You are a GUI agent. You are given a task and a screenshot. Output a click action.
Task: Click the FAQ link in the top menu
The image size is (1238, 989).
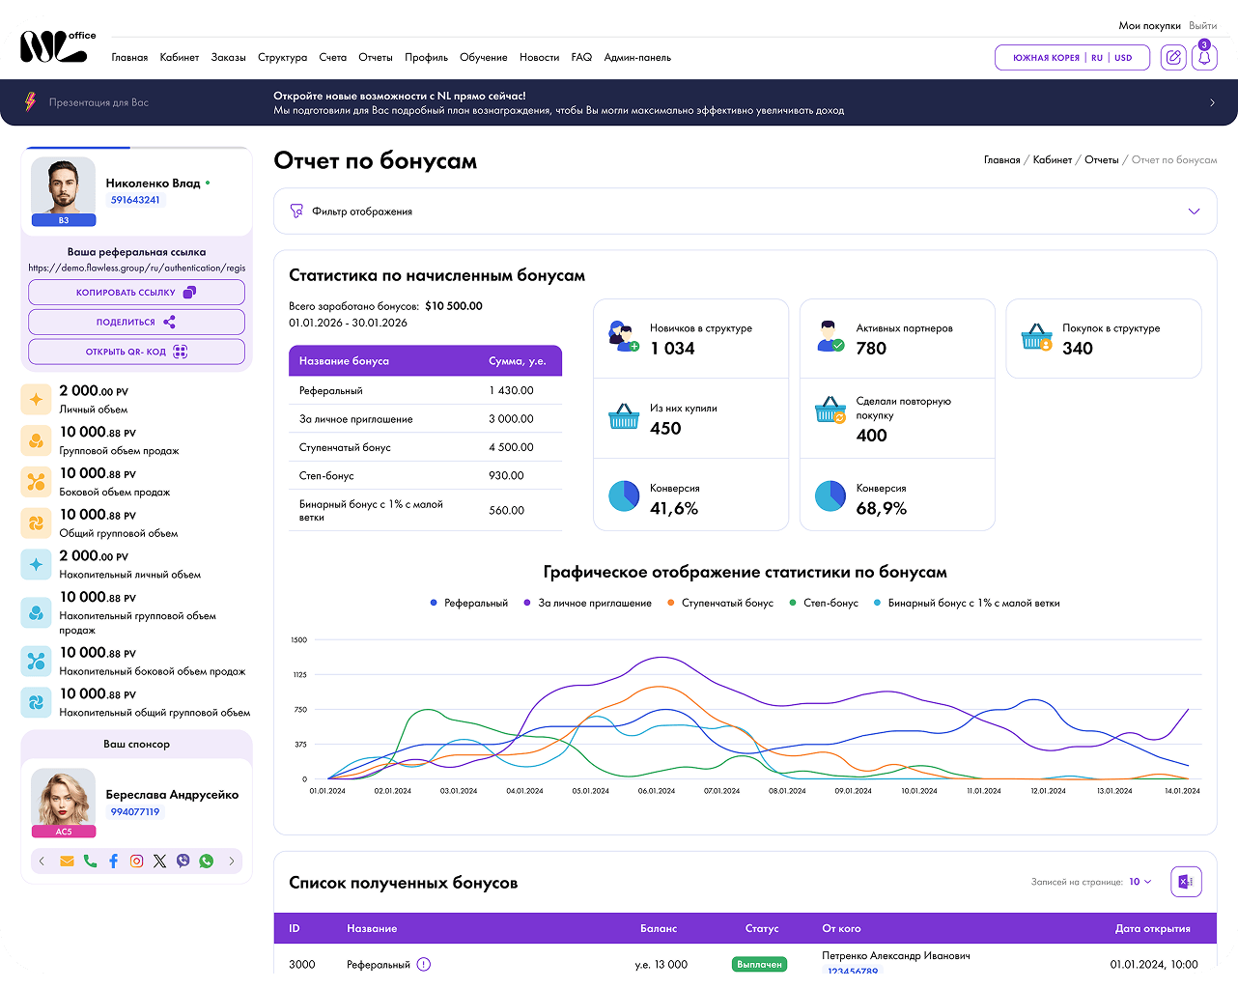[581, 58]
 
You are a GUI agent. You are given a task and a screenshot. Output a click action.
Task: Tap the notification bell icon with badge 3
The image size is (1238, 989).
[1204, 57]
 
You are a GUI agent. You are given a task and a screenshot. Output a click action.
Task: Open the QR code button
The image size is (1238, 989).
[136, 352]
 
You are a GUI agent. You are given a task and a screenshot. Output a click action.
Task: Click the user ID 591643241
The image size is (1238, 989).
[135, 200]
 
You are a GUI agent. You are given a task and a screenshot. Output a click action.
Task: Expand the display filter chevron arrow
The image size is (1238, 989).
[1194, 212]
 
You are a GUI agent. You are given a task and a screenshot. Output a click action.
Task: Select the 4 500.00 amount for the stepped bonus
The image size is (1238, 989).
[511, 447]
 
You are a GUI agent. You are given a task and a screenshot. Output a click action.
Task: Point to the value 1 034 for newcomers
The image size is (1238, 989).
[672, 348]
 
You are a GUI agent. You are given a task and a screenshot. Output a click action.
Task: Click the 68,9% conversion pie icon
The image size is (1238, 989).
[830, 495]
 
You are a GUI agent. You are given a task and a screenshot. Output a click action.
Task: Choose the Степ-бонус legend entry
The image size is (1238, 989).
[824, 603]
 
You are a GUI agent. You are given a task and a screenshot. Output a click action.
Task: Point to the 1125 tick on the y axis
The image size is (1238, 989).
[299, 674]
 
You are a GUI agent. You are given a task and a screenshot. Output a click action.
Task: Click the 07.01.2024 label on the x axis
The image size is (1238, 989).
[721, 791]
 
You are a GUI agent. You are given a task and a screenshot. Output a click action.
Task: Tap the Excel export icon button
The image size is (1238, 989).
[1186, 882]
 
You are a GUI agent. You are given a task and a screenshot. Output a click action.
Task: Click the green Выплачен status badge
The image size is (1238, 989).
[759, 964]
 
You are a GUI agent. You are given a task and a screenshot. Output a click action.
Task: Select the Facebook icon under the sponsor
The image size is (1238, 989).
[113, 861]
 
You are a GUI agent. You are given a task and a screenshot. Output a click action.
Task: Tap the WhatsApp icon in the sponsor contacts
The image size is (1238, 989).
[206, 861]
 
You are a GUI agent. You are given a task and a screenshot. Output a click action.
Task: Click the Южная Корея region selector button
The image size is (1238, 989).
[1072, 58]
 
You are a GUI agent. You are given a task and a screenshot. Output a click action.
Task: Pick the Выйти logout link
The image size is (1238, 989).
[1202, 26]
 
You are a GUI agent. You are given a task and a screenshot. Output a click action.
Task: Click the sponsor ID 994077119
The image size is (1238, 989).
[135, 812]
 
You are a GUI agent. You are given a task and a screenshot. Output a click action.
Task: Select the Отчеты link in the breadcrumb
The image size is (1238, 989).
[1101, 160]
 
